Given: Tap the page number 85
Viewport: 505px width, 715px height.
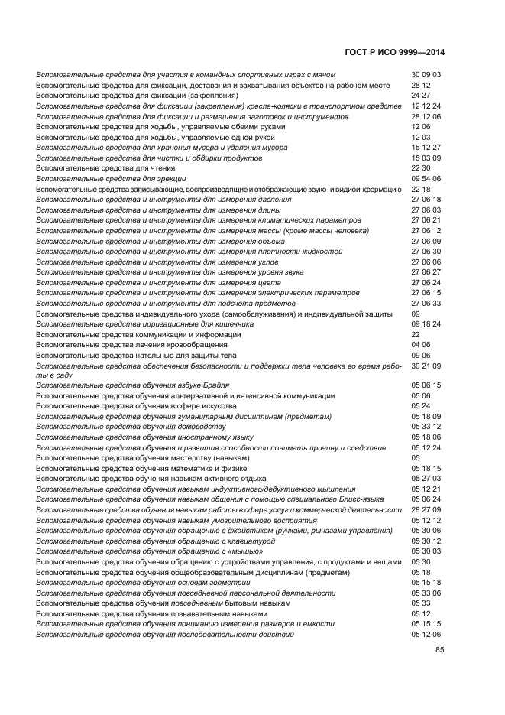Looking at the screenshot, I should (440, 650).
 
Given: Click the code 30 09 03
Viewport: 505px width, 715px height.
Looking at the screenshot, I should (426, 75).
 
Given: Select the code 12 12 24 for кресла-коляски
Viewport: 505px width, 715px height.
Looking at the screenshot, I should (426, 106).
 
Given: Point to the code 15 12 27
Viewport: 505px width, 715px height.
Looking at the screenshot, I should (426, 148).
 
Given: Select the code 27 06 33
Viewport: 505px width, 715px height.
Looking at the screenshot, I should (426, 303).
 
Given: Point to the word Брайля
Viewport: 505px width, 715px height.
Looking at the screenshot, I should (213, 385).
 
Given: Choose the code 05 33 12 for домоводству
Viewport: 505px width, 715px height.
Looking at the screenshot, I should (426, 427).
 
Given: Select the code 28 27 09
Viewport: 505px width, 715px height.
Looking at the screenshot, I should (426, 509).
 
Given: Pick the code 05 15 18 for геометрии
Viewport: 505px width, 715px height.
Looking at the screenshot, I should (426, 582).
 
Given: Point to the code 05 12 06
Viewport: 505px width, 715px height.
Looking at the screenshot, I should (426, 634).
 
